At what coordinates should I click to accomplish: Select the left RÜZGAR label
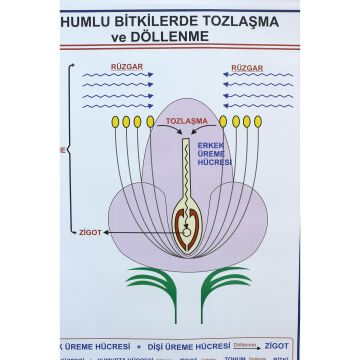pyautogui.click(x=119, y=68)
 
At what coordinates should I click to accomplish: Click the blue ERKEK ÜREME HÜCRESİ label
pyautogui.click(x=213, y=154)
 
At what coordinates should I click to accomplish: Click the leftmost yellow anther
pyautogui.click(x=114, y=122)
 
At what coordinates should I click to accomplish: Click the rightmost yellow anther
pyautogui.click(x=258, y=122)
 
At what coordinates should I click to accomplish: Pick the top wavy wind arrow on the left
pyautogui.click(x=119, y=76)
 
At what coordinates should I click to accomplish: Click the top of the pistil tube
pyautogui.click(x=185, y=141)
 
